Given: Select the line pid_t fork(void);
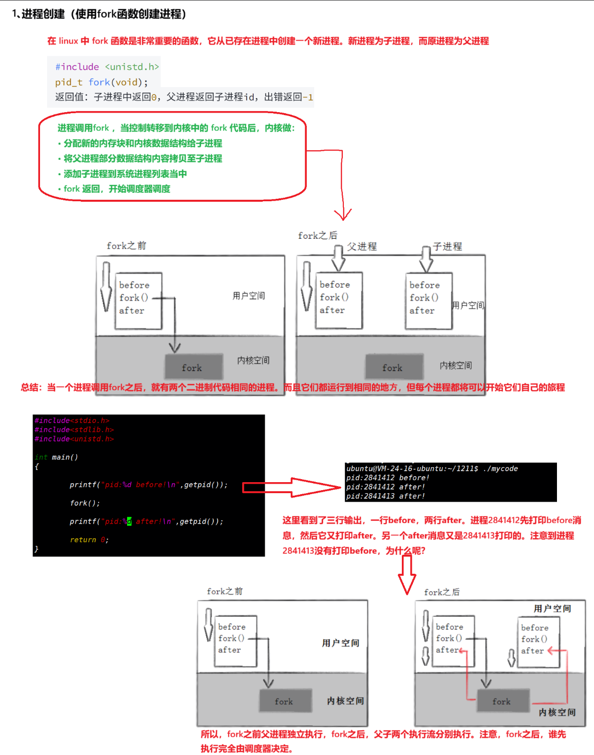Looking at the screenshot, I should point(102,82).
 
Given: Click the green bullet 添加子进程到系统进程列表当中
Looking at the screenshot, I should point(125,174).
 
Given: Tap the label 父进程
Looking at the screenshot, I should point(362,246).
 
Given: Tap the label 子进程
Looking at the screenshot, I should point(447,246).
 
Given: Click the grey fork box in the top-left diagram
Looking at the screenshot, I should point(193,367).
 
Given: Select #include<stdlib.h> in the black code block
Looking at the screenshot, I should point(74,430).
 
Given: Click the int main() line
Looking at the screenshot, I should point(57,457).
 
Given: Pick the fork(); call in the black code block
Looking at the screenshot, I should point(85,503).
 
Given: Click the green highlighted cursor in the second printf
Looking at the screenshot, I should point(129,522).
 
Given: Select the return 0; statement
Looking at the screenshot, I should point(89,540).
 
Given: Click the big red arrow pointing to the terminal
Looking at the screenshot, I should point(290,487).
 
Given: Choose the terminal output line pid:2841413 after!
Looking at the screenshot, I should point(385,496).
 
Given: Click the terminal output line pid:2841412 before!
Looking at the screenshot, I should point(387,478).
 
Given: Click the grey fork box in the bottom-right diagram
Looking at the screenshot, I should point(502,701).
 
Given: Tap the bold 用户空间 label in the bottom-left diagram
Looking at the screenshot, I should point(340,643).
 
